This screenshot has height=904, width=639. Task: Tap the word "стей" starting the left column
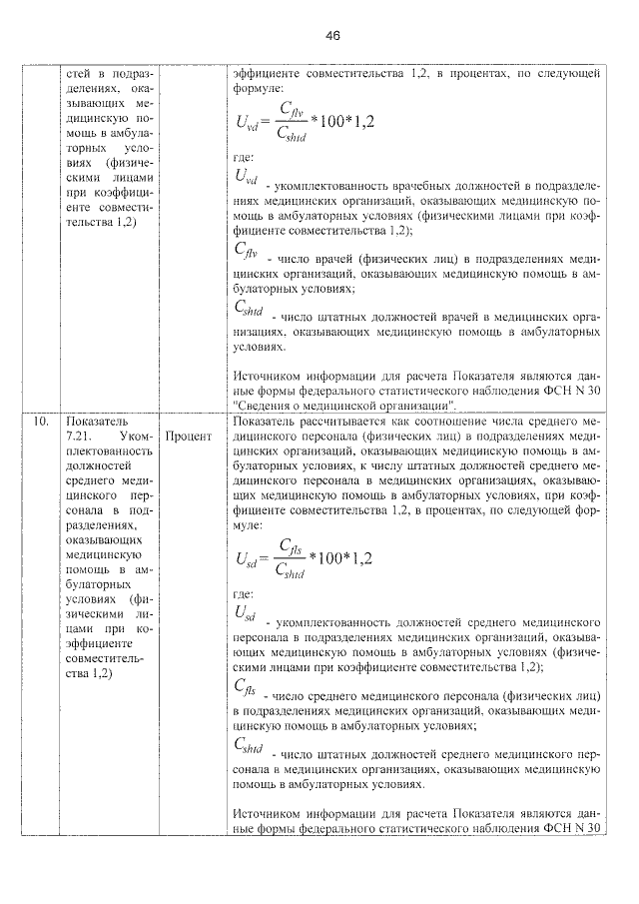coord(77,74)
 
